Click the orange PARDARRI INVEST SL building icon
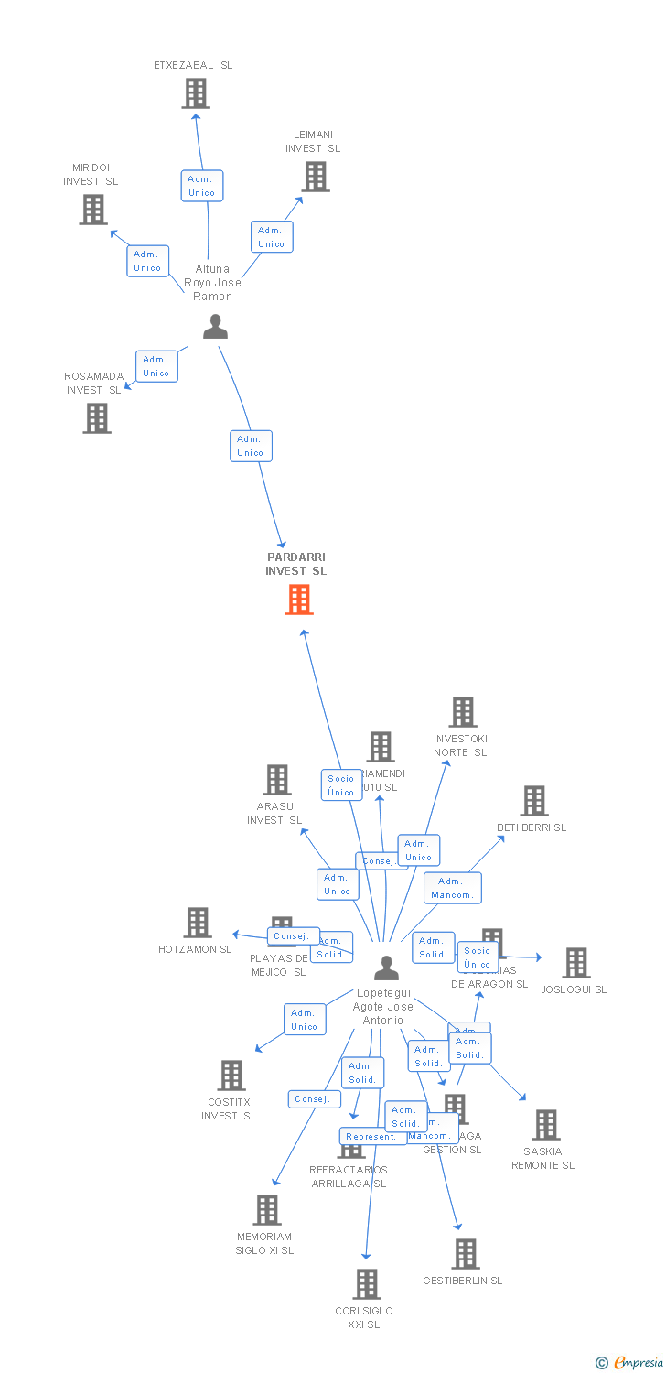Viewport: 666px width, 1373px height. click(x=299, y=600)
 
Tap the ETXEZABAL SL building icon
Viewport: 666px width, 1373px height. click(x=195, y=93)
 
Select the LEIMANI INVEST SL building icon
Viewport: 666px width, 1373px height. click(x=315, y=177)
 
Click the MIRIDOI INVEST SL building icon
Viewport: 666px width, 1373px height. click(x=92, y=210)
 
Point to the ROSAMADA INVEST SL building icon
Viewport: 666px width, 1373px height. click(x=96, y=418)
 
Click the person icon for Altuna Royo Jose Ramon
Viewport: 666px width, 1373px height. click(x=215, y=327)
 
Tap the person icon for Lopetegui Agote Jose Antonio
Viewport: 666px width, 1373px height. click(x=387, y=968)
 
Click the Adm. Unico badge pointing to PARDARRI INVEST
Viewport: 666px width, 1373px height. click(x=251, y=446)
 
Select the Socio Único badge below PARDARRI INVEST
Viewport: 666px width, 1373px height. click(x=341, y=785)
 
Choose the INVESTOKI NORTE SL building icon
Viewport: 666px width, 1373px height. click(x=462, y=712)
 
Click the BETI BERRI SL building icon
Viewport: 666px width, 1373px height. click(x=533, y=801)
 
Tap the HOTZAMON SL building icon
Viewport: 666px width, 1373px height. click(x=198, y=923)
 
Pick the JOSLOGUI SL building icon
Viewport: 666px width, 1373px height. click(x=575, y=963)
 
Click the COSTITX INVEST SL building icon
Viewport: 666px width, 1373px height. click(x=231, y=1076)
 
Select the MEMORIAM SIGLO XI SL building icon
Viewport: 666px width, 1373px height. click(x=266, y=1210)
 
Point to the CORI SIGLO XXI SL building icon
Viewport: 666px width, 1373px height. click(x=366, y=1284)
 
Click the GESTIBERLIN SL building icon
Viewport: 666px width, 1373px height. click(x=465, y=1254)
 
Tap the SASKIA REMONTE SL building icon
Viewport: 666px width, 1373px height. click(x=545, y=1125)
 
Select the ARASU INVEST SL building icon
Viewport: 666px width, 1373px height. click(x=276, y=780)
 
